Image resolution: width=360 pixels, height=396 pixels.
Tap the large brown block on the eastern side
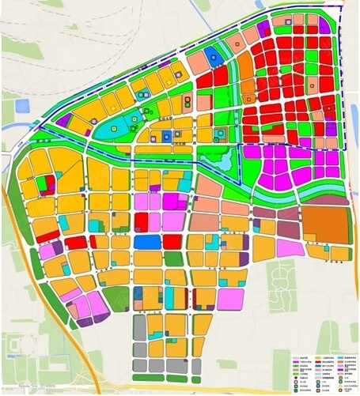[325, 224]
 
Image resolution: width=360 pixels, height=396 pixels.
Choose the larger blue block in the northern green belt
[211, 56]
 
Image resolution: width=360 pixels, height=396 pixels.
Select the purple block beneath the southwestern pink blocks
[85, 321]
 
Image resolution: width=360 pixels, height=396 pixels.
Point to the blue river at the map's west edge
[9, 126]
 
